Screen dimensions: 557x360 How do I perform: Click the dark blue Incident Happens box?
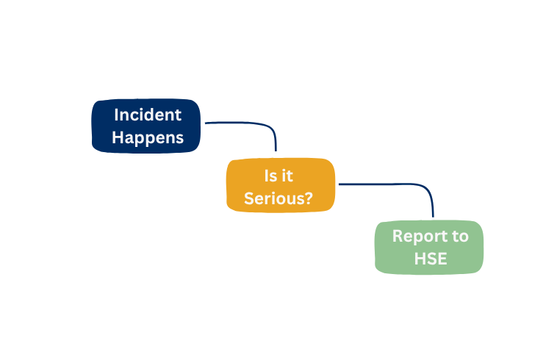146,126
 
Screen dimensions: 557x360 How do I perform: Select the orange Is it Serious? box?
281,185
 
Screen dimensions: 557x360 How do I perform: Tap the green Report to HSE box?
429,248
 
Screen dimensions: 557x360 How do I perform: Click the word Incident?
148,115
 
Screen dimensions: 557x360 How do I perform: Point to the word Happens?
148,138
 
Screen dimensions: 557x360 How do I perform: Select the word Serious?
274,198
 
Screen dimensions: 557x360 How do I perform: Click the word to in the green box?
461,237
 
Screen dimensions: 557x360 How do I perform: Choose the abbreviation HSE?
431,259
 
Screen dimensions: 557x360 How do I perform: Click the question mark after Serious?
309,198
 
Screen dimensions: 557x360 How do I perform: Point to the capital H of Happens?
118,137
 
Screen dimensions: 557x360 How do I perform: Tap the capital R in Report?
398,236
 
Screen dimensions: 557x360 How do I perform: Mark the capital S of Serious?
248,198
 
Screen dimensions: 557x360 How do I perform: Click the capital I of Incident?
116,115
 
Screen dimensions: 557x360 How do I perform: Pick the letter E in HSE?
442,259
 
